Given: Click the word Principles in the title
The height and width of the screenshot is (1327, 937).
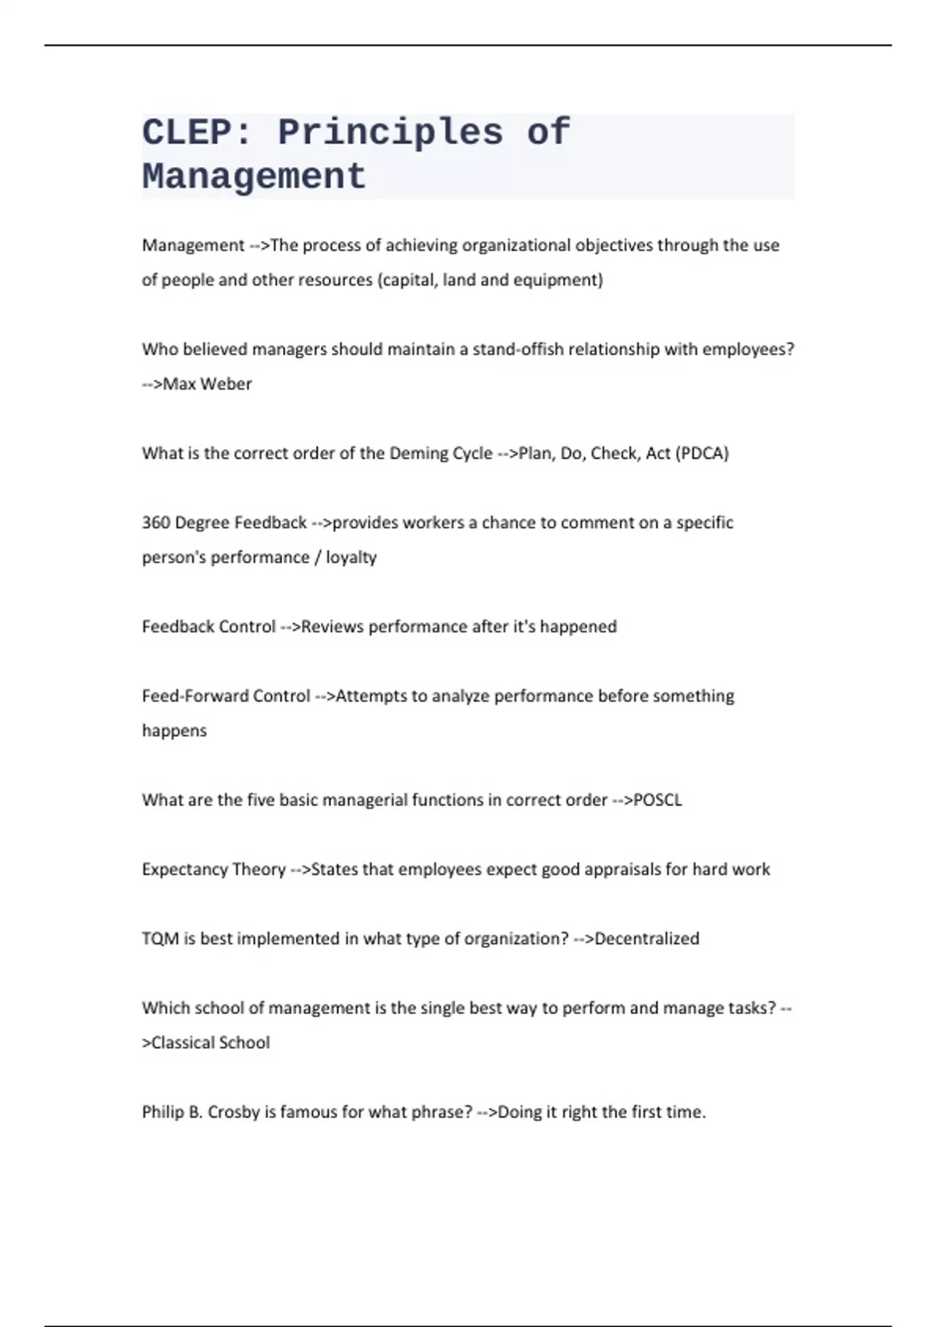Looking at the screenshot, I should [x=390, y=132].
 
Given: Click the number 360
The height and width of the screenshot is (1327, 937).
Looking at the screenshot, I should [x=155, y=523].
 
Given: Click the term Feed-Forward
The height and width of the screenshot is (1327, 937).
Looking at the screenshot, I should [x=186, y=696].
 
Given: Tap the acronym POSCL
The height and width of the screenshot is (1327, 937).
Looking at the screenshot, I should [x=658, y=800].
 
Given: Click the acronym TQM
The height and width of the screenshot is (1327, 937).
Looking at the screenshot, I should [x=160, y=938].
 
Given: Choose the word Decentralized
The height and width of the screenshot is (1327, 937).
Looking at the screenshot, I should [x=647, y=938].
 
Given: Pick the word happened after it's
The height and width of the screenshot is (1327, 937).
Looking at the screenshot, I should [x=579, y=627].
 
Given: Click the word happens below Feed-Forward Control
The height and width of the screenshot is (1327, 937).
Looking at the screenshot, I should [x=174, y=731].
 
